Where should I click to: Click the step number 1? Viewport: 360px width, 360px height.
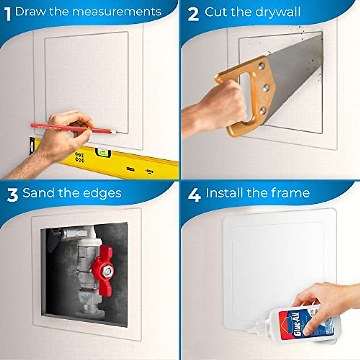(x=8, y=14)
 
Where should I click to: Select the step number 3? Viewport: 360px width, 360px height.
(x=13, y=195)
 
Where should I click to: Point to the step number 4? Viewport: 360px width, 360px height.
(x=194, y=195)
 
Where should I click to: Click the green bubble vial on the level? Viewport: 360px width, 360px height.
(x=102, y=153)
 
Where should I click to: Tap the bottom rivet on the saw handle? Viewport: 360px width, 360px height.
(x=263, y=112)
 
